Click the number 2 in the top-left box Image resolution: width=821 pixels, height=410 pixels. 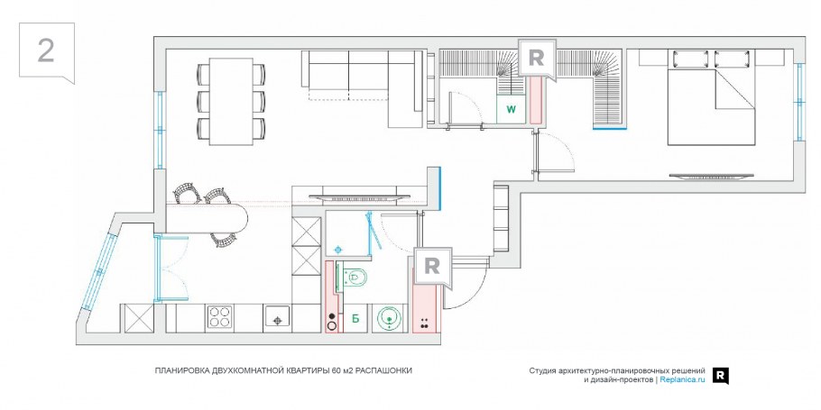pos(46,50)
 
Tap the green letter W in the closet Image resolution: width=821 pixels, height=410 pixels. pos(511,110)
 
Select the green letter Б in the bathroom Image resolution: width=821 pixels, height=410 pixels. pos(355,318)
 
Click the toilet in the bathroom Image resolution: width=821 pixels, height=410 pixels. pos(355,276)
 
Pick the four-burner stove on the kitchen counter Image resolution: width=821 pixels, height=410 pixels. pos(220,317)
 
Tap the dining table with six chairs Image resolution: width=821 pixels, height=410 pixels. pos(231,101)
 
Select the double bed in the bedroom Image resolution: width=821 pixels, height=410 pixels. pos(711,98)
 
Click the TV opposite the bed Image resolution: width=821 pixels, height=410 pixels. pos(711,177)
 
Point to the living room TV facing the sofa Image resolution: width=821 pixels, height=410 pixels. pos(359,196)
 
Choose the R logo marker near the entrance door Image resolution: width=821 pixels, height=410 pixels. pos(432,267)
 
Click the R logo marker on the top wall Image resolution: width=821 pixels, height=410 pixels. pos(536,59)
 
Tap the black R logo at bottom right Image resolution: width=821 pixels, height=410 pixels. pos(721,376)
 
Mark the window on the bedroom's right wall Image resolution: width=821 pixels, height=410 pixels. pos(799,102)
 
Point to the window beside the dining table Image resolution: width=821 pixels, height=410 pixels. pos(160,130)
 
